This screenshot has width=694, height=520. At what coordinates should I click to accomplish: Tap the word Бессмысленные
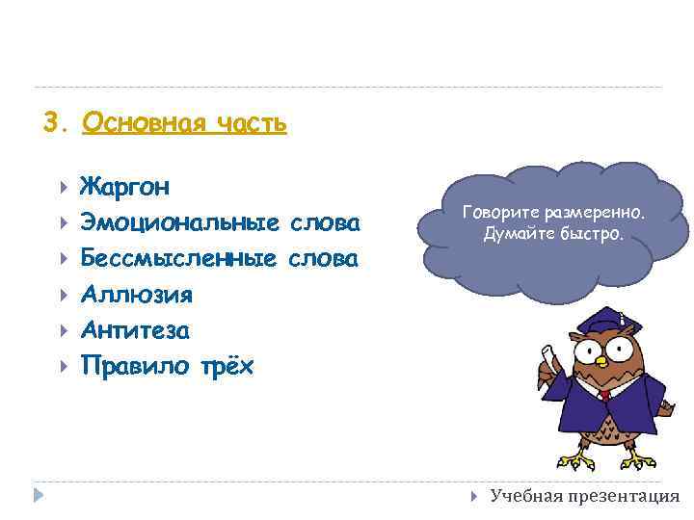(x=179, y=259)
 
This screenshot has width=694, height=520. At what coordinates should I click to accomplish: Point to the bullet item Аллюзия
(x=136, y=295)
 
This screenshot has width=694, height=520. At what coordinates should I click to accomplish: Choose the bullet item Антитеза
(x=135, y=330)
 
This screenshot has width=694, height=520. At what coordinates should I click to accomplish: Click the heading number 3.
(x=53, y=123)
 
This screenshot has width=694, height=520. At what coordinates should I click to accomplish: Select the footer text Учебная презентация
(x=584, y=496)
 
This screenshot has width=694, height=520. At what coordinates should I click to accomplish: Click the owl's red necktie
(x=604, y=396)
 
